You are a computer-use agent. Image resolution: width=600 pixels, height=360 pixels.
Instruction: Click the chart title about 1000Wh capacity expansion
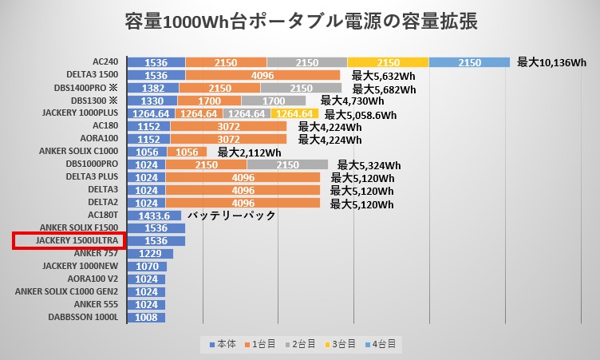pos(301,22)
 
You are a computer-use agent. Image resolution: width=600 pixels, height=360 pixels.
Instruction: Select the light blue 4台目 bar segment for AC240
pos(470,62)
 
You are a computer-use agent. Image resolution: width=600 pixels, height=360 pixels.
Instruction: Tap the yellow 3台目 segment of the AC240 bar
pos(388,62)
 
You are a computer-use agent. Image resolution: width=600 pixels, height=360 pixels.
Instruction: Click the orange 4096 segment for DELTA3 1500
pos(262,75)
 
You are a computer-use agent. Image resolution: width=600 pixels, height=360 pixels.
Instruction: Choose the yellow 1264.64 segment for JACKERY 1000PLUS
pos(298,113)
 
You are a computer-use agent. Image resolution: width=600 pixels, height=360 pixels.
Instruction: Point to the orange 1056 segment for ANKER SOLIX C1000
pos(187,152)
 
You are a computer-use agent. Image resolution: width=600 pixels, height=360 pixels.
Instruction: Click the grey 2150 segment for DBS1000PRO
pos(287,164)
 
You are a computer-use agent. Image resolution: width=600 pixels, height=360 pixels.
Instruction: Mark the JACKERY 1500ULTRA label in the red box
pos(69,241)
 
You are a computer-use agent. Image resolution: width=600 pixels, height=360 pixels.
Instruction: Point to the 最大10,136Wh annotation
pos(551,62)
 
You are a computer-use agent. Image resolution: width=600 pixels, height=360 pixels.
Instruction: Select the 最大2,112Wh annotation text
pos(249,152)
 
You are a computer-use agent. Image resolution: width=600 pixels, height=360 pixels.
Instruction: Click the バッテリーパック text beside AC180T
pos(231,216)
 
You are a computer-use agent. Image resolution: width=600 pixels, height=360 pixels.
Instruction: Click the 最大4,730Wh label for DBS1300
pos(352,101)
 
